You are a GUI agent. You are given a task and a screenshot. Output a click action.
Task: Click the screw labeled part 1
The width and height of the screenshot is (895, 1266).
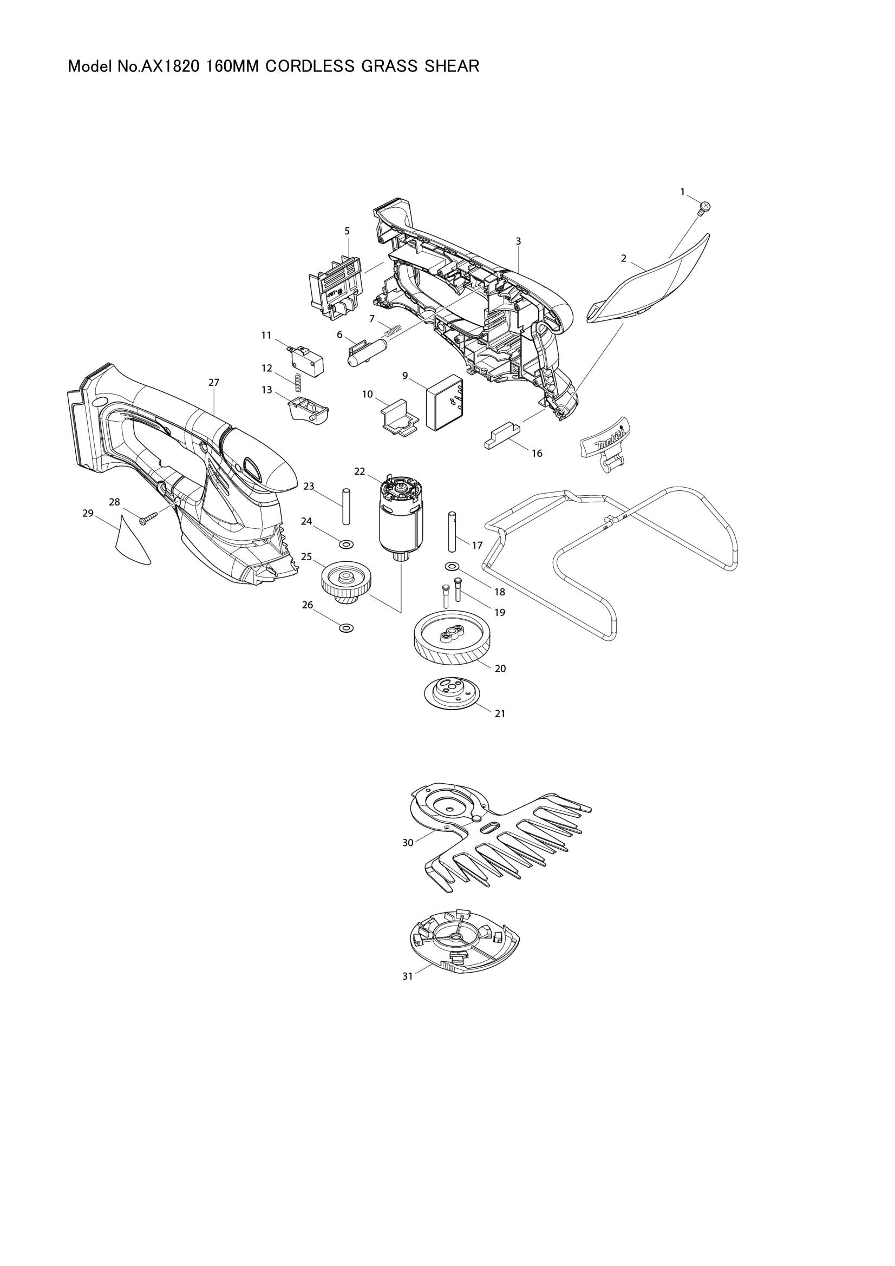coord(704,207)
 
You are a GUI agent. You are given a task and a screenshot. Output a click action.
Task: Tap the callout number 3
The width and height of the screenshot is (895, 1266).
coord(518,241)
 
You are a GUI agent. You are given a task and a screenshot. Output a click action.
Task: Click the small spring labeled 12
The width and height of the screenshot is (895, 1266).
coord(298,384)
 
